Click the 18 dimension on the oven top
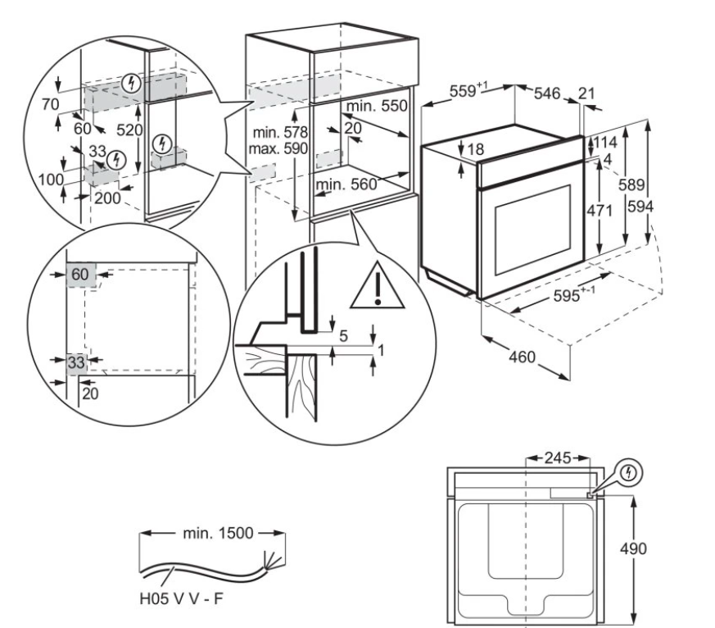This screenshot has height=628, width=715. [x=477, y=149]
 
